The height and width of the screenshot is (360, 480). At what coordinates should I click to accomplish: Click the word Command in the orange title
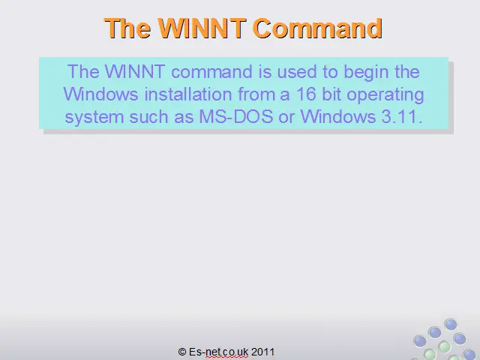318,28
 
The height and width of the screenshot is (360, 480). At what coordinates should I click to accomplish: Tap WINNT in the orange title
202,28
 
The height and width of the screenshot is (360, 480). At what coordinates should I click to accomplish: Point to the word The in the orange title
127,28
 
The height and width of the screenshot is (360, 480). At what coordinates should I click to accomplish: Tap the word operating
385,95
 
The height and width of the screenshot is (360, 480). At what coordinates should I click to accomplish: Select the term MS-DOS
236,117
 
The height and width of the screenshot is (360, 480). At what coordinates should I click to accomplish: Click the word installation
188,94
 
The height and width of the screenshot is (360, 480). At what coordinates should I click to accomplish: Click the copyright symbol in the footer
182,352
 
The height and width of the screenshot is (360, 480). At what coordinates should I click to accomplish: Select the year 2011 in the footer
262,352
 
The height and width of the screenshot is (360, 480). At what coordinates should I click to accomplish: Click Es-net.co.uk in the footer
218,352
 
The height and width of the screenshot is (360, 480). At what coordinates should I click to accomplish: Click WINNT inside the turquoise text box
135,72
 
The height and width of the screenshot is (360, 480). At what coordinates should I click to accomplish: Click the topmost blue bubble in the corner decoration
451,324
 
